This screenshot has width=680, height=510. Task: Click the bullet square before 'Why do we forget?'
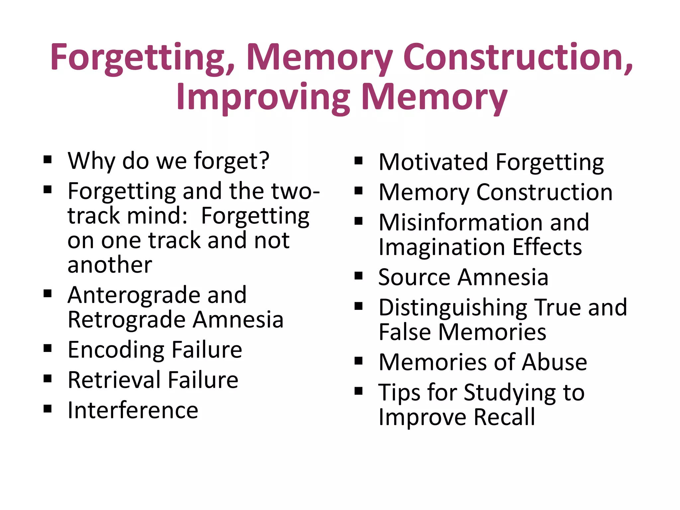[x=47, y=160]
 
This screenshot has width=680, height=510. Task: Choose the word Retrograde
[x=127, y=319]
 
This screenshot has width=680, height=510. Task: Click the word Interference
[x=133, y=410]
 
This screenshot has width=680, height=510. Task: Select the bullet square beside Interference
[x=47, y=409]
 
